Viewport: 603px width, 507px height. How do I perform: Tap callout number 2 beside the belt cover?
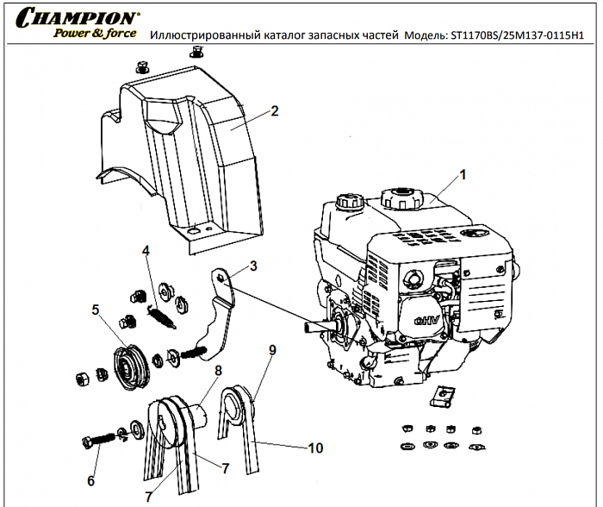pos(274,110)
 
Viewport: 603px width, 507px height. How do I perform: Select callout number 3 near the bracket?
pos(253,266)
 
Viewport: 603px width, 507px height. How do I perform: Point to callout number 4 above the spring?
pos(146,251)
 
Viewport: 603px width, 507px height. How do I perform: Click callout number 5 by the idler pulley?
pos(96,308)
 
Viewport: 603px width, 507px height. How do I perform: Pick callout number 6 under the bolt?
pos(91,479)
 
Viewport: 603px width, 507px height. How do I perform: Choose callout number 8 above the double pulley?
pos(219,370)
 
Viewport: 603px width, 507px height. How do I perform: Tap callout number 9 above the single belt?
pos(272,350)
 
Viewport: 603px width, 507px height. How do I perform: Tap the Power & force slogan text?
pos(94,34)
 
